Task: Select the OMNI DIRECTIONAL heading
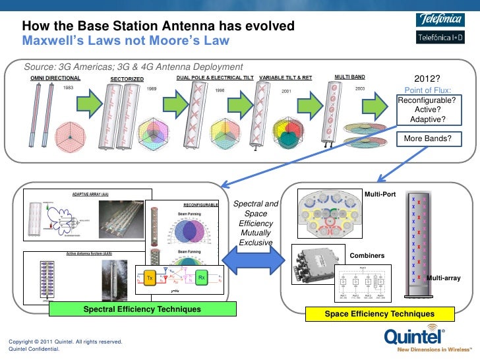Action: [x=55, y=77]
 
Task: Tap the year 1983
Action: [x=68, y=87]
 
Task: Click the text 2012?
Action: [x=427, y=78]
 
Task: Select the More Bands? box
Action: [x=428, y=138]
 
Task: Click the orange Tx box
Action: [x=150, y=278]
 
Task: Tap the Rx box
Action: [x=202, y=278]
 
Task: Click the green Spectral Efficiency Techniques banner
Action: [x=142, y=309]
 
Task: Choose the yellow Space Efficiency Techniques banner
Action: [x=379, y=314]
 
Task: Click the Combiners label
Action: [x=367, y=255]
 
